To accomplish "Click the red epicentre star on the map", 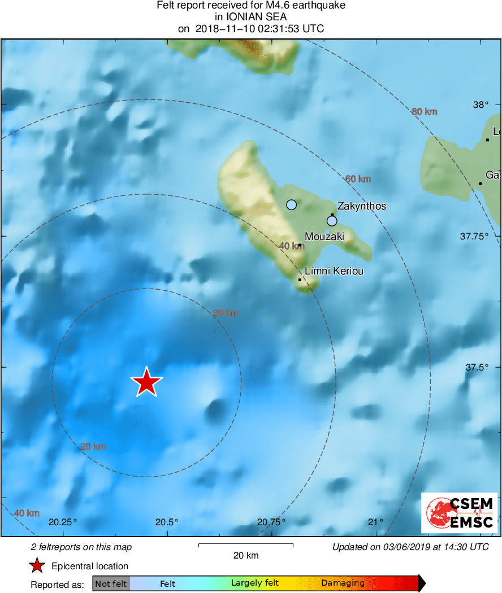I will [147, 382].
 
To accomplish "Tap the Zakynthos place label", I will [361, 206].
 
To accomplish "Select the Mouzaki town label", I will [324, 237].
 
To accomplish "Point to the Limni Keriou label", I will [334, 272].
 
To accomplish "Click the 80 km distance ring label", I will [424, 112].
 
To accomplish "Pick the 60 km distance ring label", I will [358, 179].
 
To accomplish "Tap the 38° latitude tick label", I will [481, 105].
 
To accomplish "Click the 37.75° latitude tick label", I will [474, 236].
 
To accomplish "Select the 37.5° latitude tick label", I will [477, 367].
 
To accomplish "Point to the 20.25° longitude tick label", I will [62, 522].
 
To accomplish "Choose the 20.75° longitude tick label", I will [271, 522].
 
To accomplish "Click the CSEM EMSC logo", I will [460, 513].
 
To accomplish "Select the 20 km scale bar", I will [246, 545].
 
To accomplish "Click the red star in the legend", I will [37, 566].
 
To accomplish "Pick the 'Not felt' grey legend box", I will [111, 583].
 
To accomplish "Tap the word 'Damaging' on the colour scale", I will [343, 583].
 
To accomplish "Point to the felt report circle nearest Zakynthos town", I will [332, 221].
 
